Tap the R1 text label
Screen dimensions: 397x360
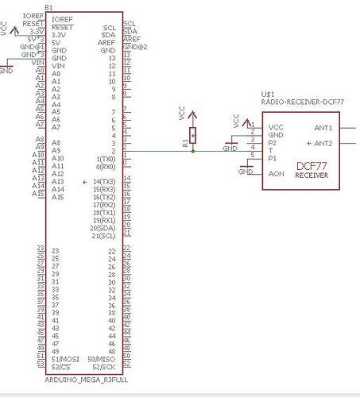(x=185, y=141)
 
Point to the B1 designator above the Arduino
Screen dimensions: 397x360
(x=49, y=6)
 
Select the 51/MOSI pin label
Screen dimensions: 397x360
(x=64, y=359)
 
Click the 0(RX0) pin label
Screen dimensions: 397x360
(x=105, y=167)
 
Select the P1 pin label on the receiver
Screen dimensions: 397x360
(x=273, y=158)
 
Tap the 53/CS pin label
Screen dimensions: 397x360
(x=61, y=367)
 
